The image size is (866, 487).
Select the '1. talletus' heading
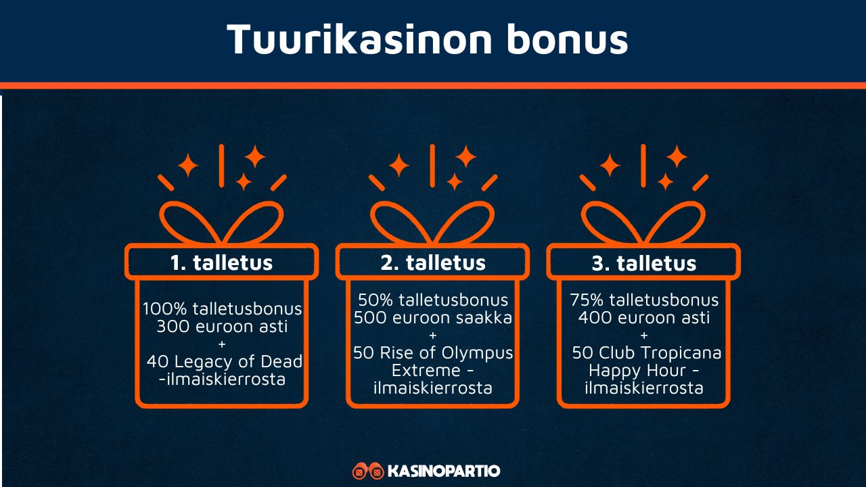221,262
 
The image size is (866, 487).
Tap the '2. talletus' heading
433,262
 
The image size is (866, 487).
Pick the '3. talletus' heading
643,263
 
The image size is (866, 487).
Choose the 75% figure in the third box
587,300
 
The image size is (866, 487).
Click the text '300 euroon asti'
222,327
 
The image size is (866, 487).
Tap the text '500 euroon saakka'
433,317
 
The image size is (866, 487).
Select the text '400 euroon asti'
643,317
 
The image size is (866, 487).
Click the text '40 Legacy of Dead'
225,362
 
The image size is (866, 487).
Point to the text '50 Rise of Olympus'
433,353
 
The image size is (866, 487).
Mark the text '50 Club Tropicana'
647,353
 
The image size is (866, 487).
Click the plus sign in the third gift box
643,335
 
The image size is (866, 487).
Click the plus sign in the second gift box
433,335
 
